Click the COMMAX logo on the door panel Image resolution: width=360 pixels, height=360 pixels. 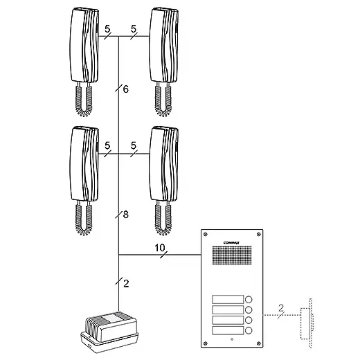[x=231, y=242]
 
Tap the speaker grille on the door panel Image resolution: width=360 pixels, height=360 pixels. [x=232, y=255]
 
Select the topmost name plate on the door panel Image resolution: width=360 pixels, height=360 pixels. [x=228, y=299]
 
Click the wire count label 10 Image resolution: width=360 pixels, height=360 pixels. [x=160, y=248]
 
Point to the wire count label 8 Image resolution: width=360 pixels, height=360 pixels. [x=125, y=215]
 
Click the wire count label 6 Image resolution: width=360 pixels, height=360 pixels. [x=125, y=89]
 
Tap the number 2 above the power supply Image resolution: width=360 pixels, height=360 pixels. [x=126, y=284]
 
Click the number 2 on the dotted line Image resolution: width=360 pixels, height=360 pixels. [x=281, y=308]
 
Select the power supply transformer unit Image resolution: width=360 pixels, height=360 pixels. [x=109, y=332]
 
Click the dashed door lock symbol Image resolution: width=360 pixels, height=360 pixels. [x=307, y=323]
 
